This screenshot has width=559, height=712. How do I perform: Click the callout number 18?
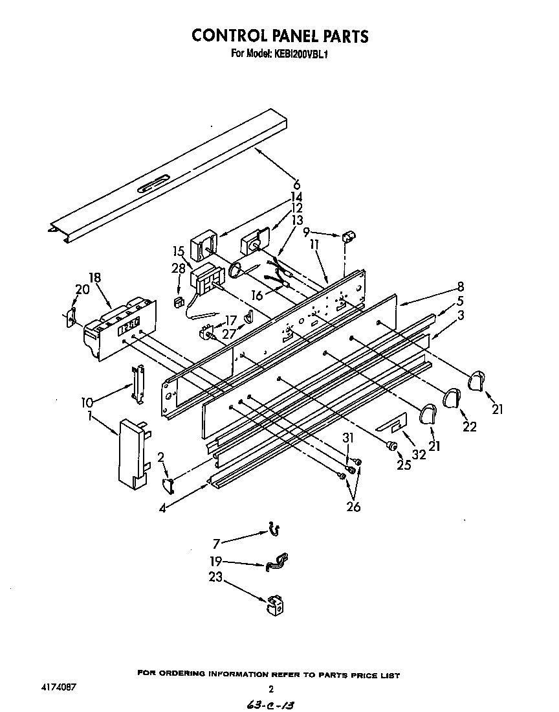coord(95,278)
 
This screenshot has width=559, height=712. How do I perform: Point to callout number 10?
coord(87,402)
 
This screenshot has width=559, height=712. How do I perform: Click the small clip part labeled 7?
coord(274,531)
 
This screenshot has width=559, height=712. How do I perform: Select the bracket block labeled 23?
coord(274,605)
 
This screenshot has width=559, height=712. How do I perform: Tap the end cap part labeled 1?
coord(131,452)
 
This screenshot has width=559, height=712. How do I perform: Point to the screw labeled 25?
coord(390,446)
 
